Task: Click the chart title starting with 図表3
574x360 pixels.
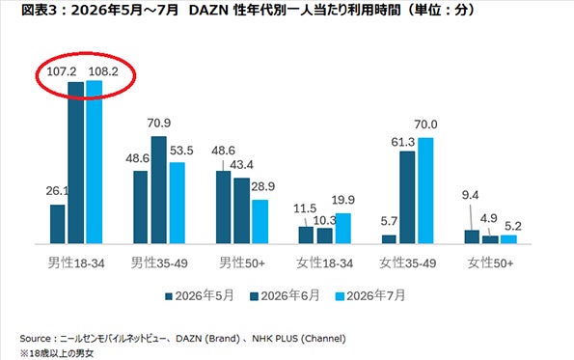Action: (x=248, y=10)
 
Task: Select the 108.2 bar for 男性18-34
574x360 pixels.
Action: (x=95, y=162)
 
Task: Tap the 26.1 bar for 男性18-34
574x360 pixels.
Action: (x=58, y=224)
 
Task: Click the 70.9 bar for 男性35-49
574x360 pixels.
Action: (x=159, y=190)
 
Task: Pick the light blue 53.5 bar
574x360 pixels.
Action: (x=178, y=203)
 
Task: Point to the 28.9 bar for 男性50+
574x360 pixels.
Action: (x=260, y=222)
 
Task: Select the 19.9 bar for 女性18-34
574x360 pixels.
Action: (x=343, y=229)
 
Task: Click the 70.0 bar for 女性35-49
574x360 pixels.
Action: (x=425, y=191)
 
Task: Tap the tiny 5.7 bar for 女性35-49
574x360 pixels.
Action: (x=389, y=239)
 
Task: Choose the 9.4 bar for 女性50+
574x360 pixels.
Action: (x=472, y=236)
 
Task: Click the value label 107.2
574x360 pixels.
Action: (x=62, y=71)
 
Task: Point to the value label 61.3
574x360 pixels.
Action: (x=402, y=142)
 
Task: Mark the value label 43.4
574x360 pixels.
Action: (x=241, y=165)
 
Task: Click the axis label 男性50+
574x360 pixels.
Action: (x=242, y=263)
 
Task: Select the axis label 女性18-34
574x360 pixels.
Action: (x=325, y=263)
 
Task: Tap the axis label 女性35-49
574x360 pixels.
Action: (x=408, y=263)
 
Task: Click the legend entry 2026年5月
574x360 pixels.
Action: (x=200, y=296)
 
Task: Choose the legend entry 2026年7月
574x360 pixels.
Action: (x=370, y=296)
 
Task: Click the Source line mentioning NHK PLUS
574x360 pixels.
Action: (x=182, y=339)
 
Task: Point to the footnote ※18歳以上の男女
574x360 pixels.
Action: (x=57, y=354)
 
